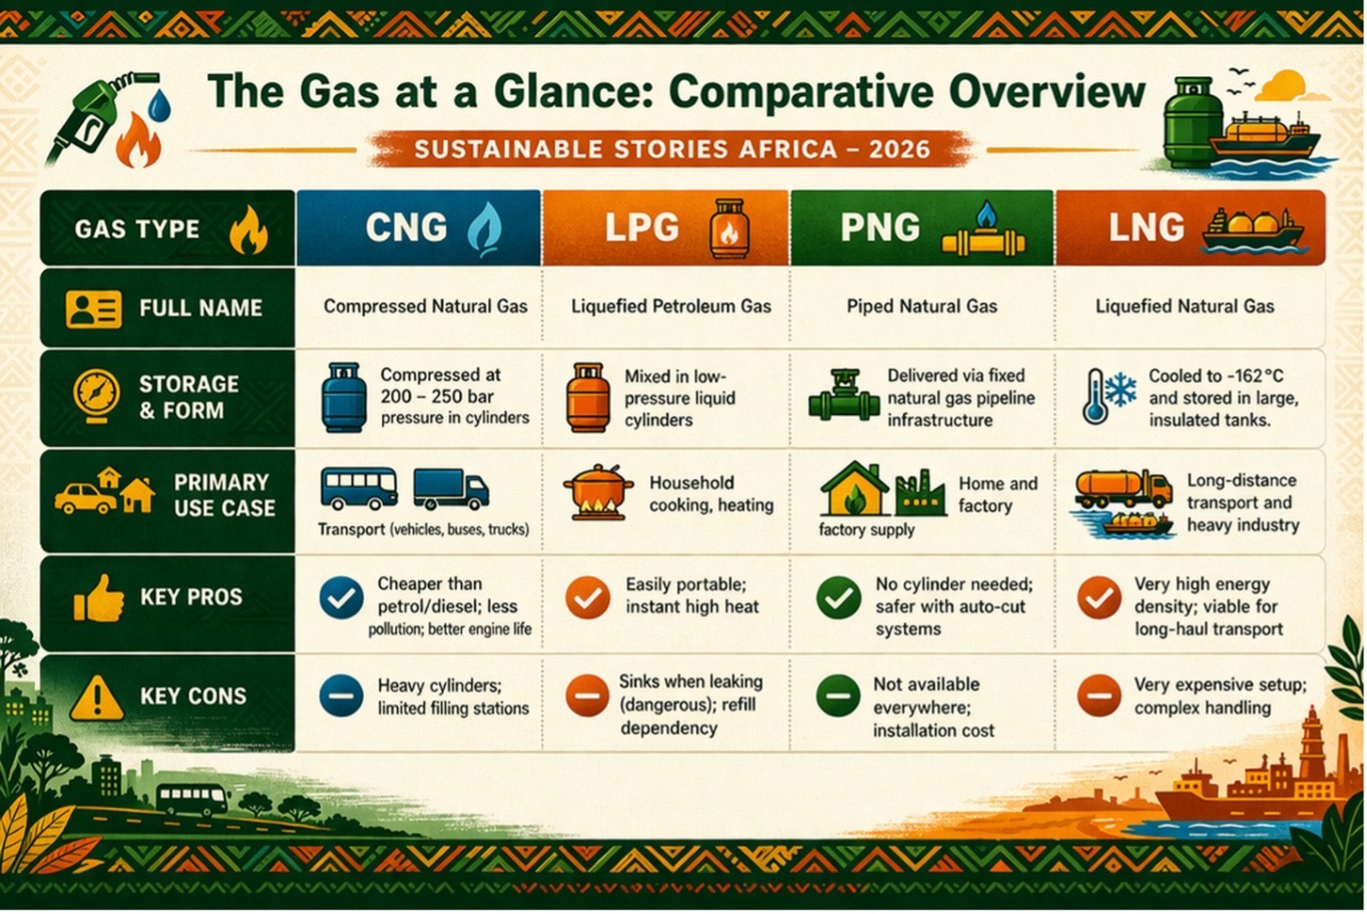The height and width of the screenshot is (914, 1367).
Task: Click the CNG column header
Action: click(x=418, y=228)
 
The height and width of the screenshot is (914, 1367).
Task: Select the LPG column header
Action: click(x=666, y=228)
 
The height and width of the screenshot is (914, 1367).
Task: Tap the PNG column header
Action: click(x=922, y=228)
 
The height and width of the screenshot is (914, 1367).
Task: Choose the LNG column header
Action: click(x=1190, y=228)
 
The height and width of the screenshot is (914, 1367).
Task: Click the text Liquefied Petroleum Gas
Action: click(x=671, y=306)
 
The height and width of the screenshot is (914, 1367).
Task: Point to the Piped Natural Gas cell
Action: click(x=921, y=306)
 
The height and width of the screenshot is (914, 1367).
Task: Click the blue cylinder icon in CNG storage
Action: click(x=344, y=398)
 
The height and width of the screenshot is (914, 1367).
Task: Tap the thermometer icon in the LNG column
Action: click(x=1096, y=397)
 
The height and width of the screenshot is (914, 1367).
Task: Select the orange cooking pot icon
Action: click(x=598, y=493)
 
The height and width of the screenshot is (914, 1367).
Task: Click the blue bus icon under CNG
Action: click(x=358, y=489)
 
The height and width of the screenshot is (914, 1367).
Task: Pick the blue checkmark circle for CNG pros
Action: click(x=342, y=599)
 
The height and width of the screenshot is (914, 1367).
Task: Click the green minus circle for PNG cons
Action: click(x=838, y=696)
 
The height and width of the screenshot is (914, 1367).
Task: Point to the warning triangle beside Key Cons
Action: click(x=97, y=698)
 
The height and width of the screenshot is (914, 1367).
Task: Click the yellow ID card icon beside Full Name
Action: click(x=94, y=310)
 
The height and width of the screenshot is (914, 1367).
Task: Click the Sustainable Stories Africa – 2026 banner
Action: click(x=672, y=149)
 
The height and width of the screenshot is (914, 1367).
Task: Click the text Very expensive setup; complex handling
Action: click(x=1221, y=696)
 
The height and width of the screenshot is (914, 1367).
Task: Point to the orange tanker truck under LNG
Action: click(x=1123, y=489)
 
